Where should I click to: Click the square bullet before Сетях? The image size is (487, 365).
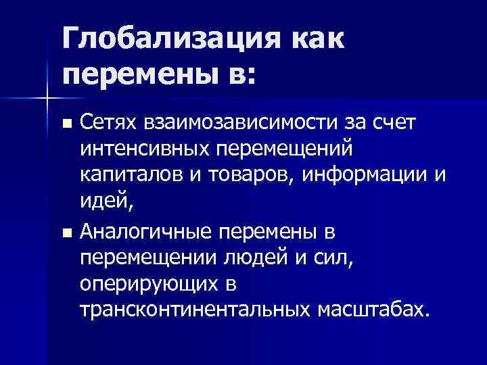point(66,124)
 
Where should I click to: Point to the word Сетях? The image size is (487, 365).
point(107,122)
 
